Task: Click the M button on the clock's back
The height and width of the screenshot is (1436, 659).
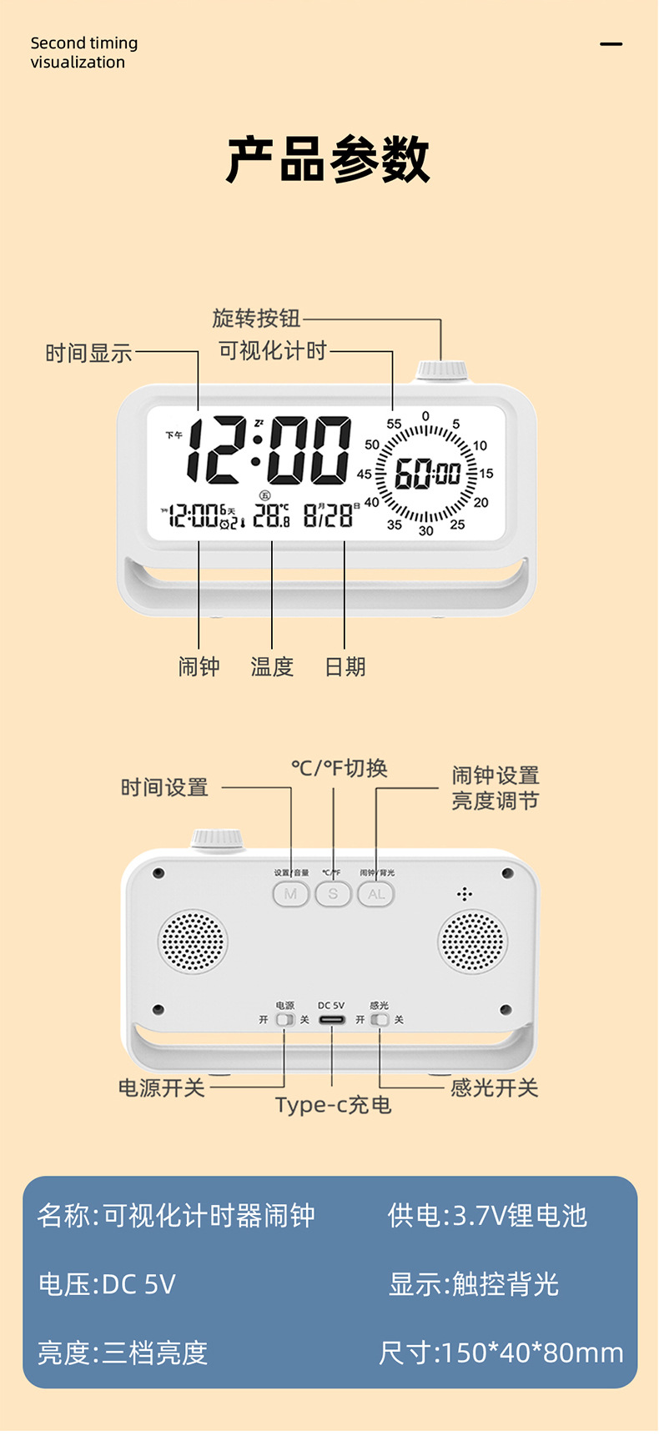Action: (290, 894)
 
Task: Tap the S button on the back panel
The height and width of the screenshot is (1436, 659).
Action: (333, 894)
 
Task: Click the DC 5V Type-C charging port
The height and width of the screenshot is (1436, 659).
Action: (331, 1020)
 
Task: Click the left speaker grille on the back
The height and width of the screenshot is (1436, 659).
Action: (193, 941)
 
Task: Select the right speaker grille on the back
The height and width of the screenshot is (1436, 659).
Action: (472, 941)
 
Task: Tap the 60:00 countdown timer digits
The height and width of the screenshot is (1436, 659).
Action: (427, 474)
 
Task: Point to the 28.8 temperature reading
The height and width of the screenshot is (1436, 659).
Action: (271, 515)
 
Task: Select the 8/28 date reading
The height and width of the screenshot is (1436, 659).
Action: (328, 515)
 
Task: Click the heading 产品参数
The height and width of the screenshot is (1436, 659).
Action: (329, 160)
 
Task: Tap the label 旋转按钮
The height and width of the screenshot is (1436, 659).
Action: (256, 319)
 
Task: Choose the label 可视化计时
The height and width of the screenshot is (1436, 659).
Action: (273, 351)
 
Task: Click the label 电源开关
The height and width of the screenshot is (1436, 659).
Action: (162, 1087)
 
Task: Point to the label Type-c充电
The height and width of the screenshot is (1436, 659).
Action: (333, 1105)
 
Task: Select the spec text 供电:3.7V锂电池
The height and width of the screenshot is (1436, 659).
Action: (487, 1216)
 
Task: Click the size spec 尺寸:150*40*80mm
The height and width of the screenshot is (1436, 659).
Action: (501, 1353)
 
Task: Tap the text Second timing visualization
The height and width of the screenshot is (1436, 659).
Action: (84, 53)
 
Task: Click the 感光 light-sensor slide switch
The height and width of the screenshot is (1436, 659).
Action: (380, 1020)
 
